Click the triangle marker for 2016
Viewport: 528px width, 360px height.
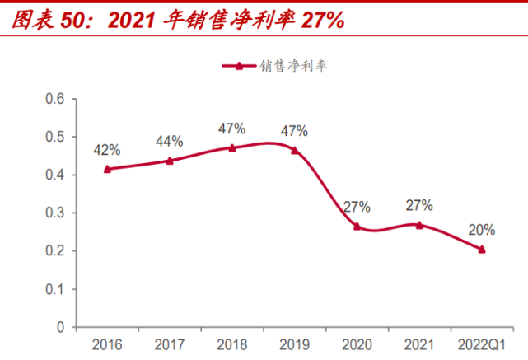(x=107, y=169)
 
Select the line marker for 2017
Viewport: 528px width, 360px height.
(x=170, y=161)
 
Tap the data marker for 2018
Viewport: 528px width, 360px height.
(x=232, y=147)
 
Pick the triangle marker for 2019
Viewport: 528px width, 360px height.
(x=294, y=150)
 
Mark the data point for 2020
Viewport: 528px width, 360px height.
(x=357, y=226)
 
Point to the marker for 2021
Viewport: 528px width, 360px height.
(x=419, y=224)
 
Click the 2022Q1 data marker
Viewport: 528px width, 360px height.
(x=482, y=249)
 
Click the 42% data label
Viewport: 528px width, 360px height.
(x=107, y=150)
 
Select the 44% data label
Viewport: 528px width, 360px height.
(x=170, y=142)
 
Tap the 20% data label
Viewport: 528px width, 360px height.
(x=482, y=230)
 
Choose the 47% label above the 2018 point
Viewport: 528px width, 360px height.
(x=232, y=129)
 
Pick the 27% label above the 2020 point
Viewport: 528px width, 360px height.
(x=357, y=207)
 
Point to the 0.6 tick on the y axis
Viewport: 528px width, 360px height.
(x=54, y=99)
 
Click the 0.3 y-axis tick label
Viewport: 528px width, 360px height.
(x=54, y=213)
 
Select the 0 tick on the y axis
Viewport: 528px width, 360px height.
(x=60, y=328)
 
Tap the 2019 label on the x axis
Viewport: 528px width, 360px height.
(x=294, y=344)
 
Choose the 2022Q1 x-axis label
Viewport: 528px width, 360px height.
(x=482, y=344)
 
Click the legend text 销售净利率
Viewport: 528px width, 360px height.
(x=293, y=67)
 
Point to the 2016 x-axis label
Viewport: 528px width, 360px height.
(x=107, y=344)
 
